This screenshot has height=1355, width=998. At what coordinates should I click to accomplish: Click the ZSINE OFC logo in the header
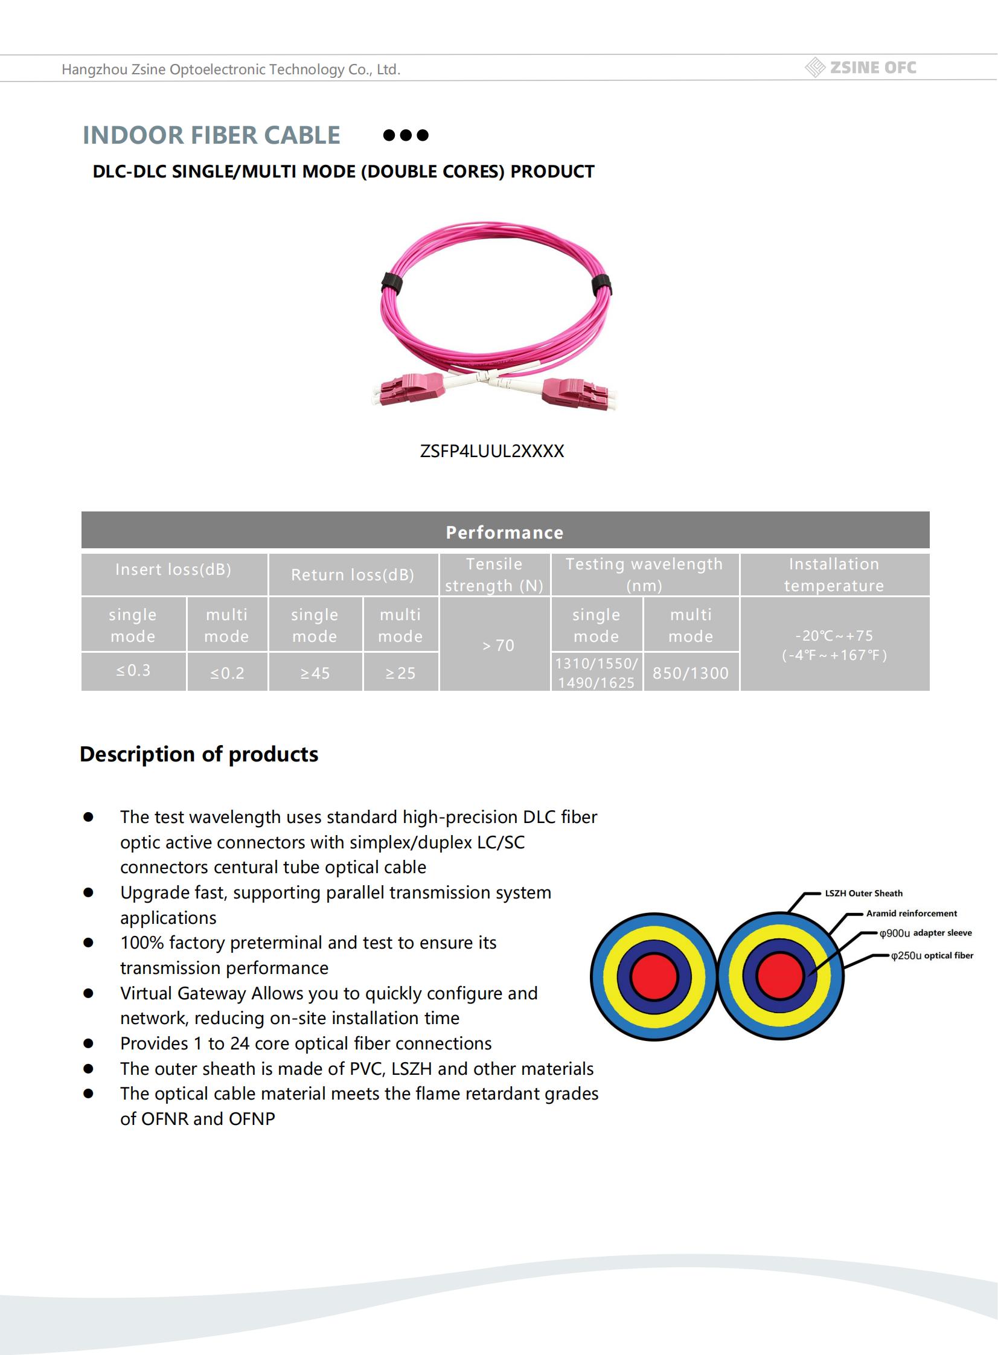(862, 68)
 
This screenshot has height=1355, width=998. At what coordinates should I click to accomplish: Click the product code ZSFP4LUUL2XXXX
(491, 451)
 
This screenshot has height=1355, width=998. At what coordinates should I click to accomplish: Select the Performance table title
(505, 532)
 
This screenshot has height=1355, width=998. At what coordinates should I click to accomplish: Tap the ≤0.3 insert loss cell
(133, 670)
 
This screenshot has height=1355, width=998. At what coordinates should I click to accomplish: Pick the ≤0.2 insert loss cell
(227, 673)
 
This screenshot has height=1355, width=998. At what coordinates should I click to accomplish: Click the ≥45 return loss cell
(315, 673)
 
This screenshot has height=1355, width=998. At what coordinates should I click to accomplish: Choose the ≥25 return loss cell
(400, 673)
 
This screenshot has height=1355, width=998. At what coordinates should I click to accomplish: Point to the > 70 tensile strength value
(498, 645)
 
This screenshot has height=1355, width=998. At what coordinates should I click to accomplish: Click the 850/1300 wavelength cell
(691, 673)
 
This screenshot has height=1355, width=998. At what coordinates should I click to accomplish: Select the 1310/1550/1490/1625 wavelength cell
(597, 673)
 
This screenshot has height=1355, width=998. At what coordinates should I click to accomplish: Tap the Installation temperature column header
(834, 574)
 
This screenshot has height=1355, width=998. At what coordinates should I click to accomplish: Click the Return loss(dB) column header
(353, 574)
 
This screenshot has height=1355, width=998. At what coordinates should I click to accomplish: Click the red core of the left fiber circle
(654, 976)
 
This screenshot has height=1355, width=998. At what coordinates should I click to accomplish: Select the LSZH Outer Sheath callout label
(863, 893)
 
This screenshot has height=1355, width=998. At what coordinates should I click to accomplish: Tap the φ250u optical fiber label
(932, 955)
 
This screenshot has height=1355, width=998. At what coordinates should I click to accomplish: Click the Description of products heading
(199, 754)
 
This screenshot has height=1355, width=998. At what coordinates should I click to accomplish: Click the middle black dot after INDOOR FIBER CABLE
(406, 135)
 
